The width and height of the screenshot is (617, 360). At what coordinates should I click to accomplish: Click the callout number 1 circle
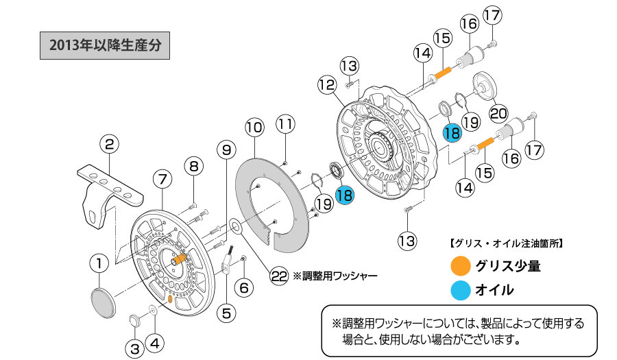(x=99, y=263)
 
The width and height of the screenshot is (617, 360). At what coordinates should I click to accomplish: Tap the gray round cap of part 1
(x=104, y=302)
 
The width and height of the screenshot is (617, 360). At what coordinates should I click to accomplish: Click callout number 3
(x=136, y=348)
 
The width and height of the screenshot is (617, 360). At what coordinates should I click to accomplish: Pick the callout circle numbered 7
(x=162, y=180)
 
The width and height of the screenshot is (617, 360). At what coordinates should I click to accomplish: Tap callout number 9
(x=226, y=149)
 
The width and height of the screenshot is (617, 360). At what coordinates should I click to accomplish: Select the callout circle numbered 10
(x=254, y=127)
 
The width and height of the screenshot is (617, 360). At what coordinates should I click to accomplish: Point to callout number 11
(x=286, y=124)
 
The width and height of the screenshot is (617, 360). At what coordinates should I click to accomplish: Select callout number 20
(x=498, y=112)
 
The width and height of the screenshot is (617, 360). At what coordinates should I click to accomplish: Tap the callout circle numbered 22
(x=279, y=276)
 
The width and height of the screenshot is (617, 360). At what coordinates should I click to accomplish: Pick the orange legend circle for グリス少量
(x=461, y=265)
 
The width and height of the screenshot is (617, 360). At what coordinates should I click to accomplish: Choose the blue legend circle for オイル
(x=461, y=289)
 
